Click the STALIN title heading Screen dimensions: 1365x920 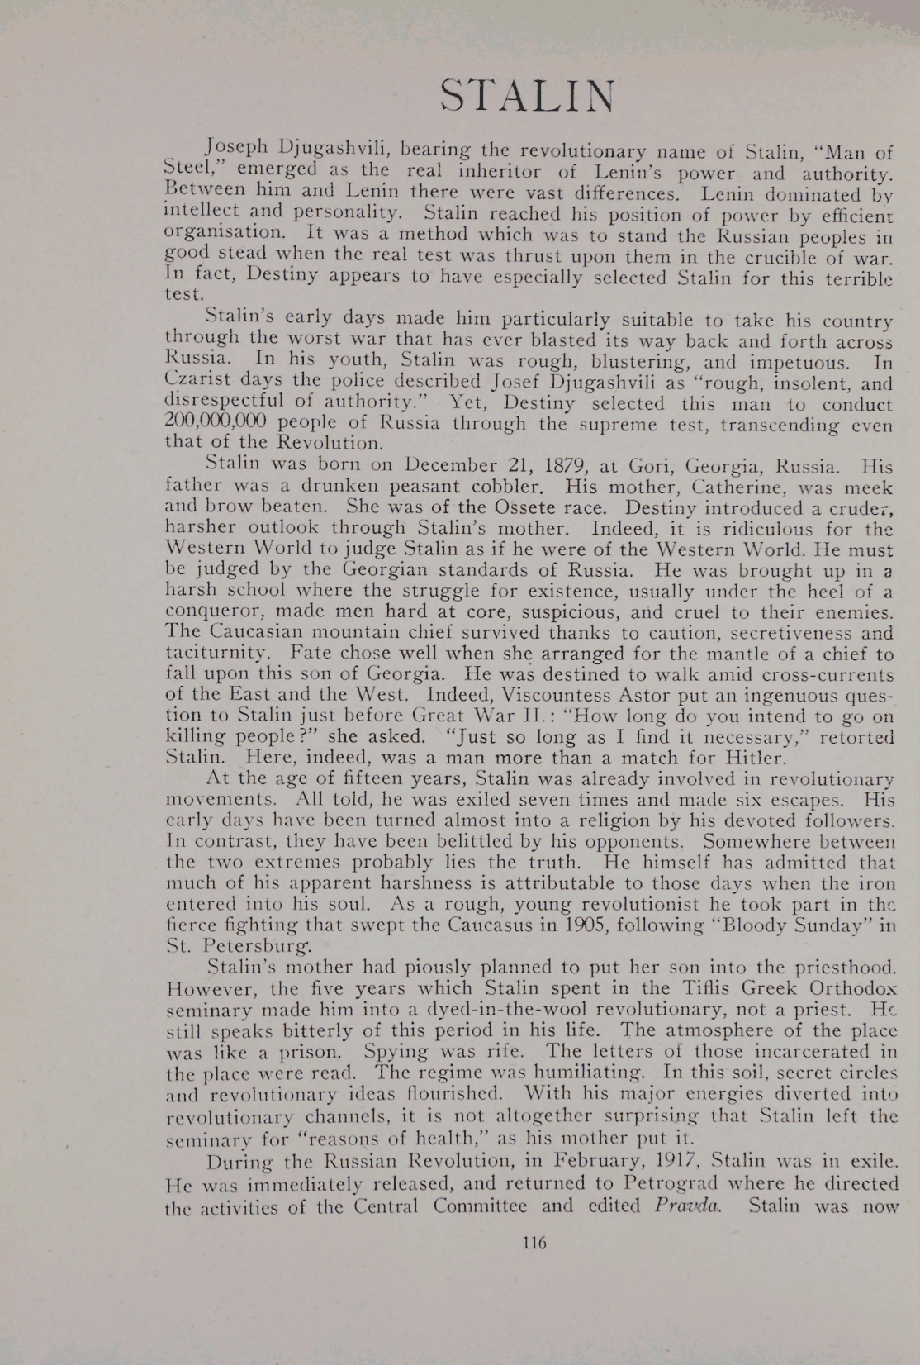point(527,97)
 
